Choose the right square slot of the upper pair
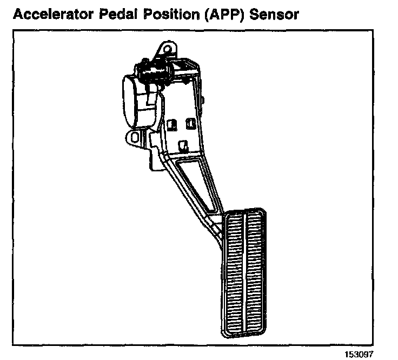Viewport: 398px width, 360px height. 190,124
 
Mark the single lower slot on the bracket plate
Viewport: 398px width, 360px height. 183,145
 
